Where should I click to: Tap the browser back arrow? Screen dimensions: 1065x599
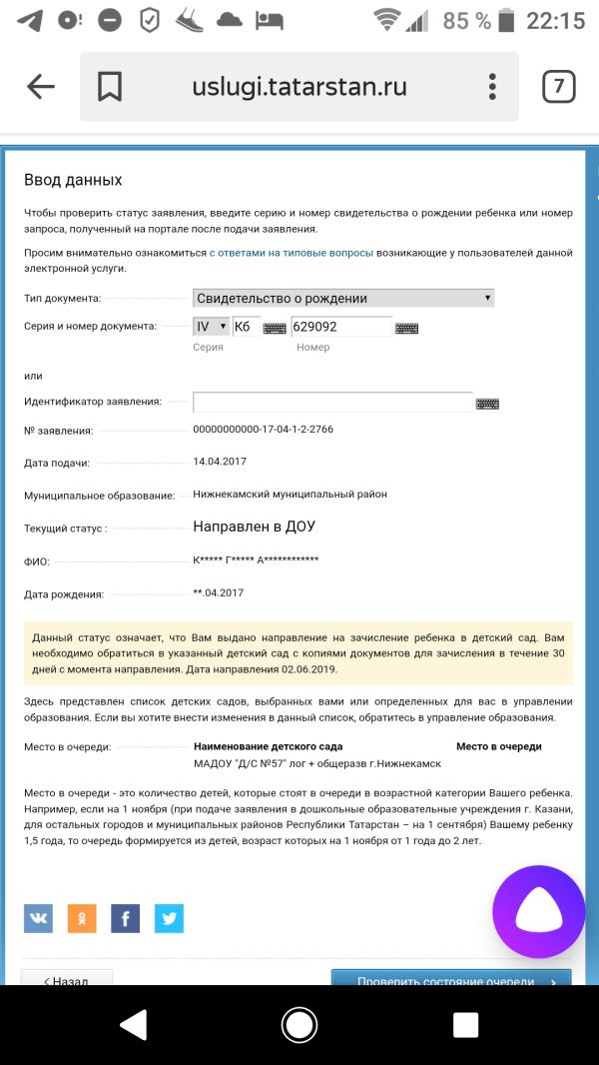(40, 87)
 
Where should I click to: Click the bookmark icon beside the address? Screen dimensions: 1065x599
(109, 87)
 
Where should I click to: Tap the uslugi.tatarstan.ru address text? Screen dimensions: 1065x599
(299, 87)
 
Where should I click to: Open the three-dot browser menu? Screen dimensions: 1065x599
(492, 87)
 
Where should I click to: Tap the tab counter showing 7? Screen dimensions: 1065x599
(558, 87)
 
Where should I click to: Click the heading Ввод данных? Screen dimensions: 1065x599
(73, 180)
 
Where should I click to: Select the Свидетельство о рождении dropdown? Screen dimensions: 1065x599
(343, 298)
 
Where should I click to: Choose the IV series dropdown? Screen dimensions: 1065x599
(211, 327)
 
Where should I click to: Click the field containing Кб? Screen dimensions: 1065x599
(245, 327)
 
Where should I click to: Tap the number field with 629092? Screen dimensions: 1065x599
(341, 327)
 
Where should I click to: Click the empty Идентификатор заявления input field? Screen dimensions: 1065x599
(332, 402)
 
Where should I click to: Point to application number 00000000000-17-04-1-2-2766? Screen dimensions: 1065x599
(263, 430)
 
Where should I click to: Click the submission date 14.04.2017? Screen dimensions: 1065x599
(220, 462)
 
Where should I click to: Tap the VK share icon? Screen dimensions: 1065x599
(38, 917)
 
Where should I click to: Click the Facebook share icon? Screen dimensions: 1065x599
(125, 917)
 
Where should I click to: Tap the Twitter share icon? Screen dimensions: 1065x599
(169, 917)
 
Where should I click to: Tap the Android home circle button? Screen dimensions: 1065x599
(299, 1024)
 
